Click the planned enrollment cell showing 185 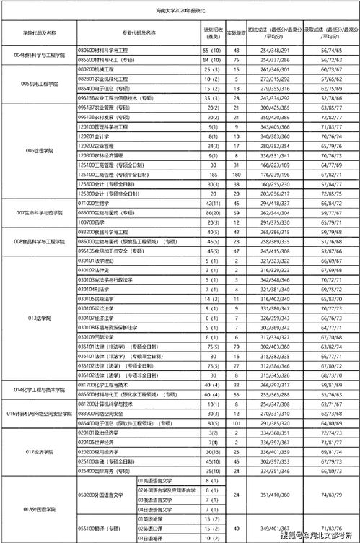point(212,174)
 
